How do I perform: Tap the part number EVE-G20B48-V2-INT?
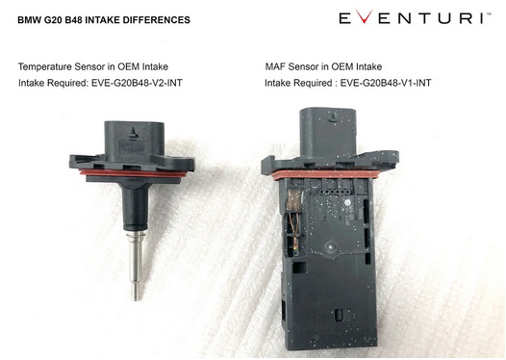coord(137,83)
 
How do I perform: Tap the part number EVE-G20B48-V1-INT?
coord(386,83)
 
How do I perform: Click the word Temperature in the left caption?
coord(45,66)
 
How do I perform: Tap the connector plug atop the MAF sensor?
coord(329,132)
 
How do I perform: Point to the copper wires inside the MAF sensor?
coord(293,222)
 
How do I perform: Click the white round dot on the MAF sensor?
coord(347,204)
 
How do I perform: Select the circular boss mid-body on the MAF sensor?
coord(330,247)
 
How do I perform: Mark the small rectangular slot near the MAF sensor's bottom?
coord(340,315)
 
